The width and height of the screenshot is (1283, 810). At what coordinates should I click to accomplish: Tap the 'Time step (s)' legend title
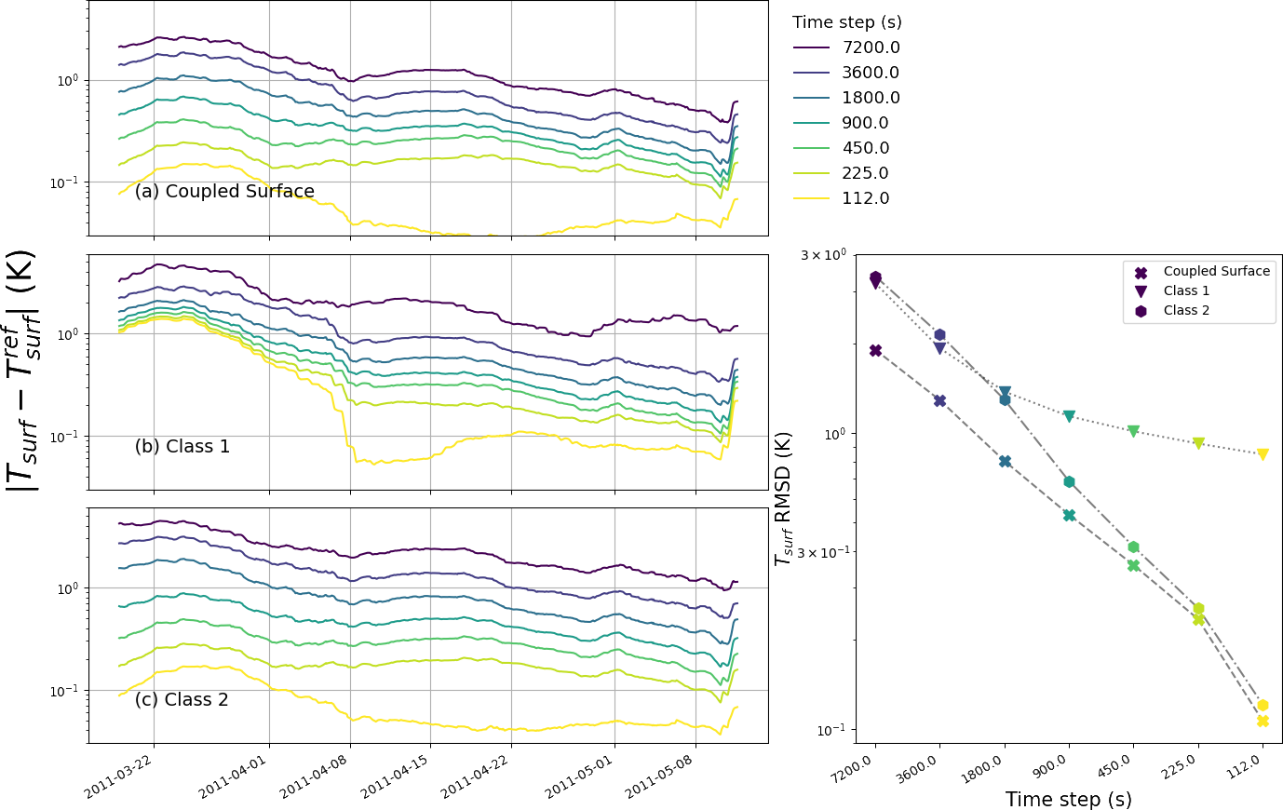[x=846, y=22]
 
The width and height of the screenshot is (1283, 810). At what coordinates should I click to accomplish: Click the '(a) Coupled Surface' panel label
[x=224, y=192]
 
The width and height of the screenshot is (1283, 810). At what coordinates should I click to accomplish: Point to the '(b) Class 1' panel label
[x=182, y=447]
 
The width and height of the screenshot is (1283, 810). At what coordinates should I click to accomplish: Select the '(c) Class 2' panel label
[x=182, y=700]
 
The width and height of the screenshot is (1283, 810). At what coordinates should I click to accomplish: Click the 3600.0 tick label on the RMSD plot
[x=918, y=774]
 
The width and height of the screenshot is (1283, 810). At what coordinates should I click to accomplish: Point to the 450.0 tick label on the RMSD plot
[x=1114, y=774]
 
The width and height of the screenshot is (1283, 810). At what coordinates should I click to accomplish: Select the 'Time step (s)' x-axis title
[x=1068, y=800]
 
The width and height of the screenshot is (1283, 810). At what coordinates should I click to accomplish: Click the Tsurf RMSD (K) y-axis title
[x=783, y=499]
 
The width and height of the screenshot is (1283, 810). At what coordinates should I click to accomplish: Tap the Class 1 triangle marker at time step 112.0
[x=1263, y=454]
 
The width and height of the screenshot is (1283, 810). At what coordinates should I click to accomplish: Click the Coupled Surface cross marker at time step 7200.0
[x=875, y=350]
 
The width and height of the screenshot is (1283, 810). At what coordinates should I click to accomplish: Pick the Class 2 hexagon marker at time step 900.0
[x=1069, y=481]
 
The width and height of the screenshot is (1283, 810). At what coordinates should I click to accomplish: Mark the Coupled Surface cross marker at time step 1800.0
[x=1005, y=461]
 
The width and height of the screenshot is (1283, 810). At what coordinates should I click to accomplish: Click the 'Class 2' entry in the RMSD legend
[x=1186, y=311]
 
